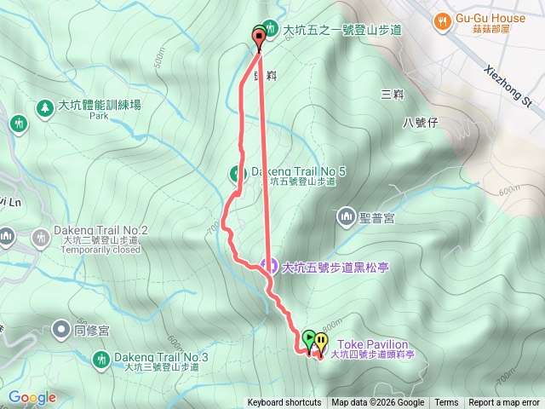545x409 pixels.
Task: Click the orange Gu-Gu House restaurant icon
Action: point(441,20)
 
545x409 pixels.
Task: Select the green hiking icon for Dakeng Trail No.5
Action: point(236,173)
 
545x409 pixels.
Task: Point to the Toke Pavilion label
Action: point(371,344)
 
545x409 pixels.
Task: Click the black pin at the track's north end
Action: point(259,36)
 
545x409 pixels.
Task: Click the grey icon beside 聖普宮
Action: point(346,216)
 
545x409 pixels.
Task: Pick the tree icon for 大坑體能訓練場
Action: point(43,107)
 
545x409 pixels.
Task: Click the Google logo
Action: point(32,397)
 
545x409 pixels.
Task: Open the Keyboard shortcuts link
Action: point(284,403)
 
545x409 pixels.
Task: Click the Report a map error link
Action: point(504,403)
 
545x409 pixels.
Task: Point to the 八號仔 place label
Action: point(420,123)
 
